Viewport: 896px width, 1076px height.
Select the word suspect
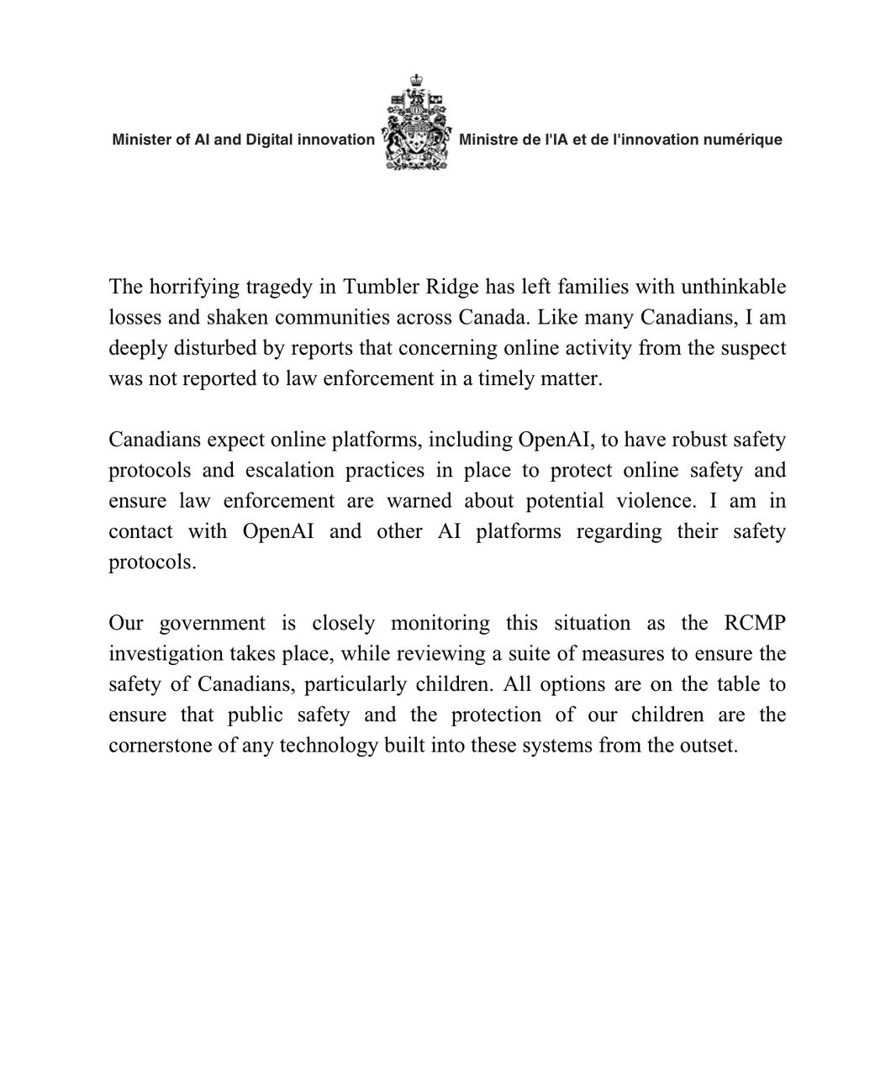pos(749,348)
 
